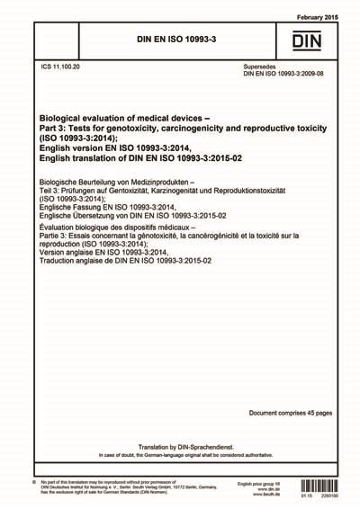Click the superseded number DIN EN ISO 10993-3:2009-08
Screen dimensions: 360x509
click(x=286, y=74)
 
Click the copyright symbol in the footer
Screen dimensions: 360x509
click(x=33, y=486)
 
